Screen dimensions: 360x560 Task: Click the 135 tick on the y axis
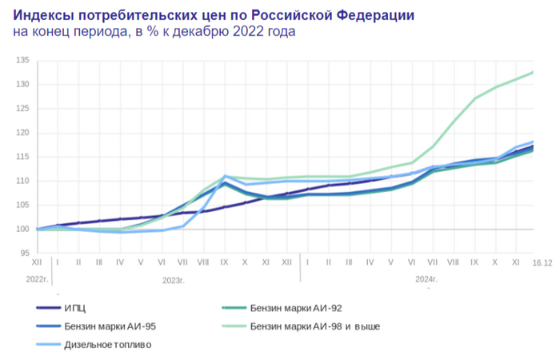[22, 61]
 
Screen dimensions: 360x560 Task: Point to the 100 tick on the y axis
[22, 230]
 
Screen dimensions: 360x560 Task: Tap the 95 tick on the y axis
[24, 254]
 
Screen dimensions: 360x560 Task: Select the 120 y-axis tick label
[22, 133]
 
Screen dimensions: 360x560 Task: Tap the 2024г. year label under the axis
[426, 280]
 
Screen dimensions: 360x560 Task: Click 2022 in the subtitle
[238, 32]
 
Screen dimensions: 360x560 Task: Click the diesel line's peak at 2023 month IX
[226, 176]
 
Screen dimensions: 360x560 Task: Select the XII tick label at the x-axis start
[37, 262]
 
